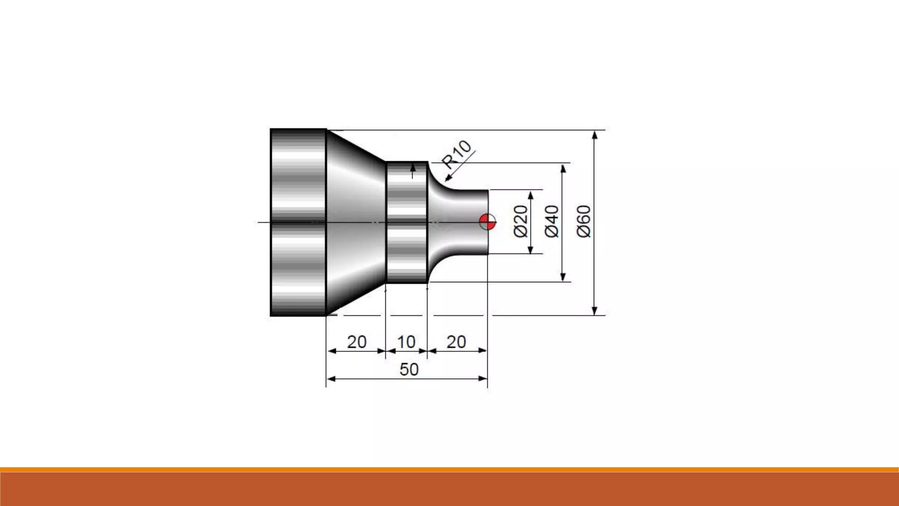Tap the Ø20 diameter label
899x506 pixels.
point(521,221)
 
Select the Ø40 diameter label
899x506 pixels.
point(552,221)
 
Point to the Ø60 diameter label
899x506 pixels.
point(584,221)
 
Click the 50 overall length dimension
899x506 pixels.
point(409,369)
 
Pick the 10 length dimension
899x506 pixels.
point(406,342)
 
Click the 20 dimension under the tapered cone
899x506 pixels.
point(356,342)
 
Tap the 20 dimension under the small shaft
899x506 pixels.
point(456,342)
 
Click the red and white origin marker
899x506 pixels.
point(487,222)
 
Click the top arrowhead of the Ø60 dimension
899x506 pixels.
point(595,134)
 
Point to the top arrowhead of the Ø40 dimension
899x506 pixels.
point(563,168)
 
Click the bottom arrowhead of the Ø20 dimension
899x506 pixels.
point(530,250)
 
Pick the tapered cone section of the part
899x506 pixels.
point(356,222)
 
